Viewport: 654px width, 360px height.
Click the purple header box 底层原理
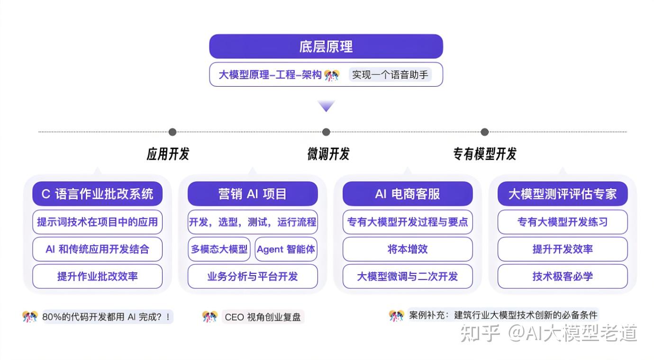click(326, 46)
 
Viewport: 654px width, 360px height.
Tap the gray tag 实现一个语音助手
click(390, 75)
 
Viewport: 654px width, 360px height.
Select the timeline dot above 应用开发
click(172, 132)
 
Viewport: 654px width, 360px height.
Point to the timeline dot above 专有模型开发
click(484, 132)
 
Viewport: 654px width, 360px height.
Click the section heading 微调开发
click(328, 154)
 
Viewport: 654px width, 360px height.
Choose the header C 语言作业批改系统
click(97, 194)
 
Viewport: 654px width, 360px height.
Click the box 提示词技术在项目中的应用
click(97, 222)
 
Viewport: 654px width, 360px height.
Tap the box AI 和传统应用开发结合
click(97, 249)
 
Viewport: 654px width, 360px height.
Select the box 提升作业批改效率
click(97, 276)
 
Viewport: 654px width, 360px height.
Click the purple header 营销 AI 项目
click(253, 194)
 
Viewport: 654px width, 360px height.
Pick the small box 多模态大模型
click(219, 249)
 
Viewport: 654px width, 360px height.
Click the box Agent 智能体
click(286, 249)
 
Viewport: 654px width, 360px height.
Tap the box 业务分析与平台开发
click(253, 276)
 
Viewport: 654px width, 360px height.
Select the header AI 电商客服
click(408, 194)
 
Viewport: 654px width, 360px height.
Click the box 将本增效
click(408, 249)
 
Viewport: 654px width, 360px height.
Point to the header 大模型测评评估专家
click(563, 194)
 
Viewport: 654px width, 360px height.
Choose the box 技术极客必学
click(563, 276)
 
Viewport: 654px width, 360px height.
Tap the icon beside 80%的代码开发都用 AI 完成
click(29, 317)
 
